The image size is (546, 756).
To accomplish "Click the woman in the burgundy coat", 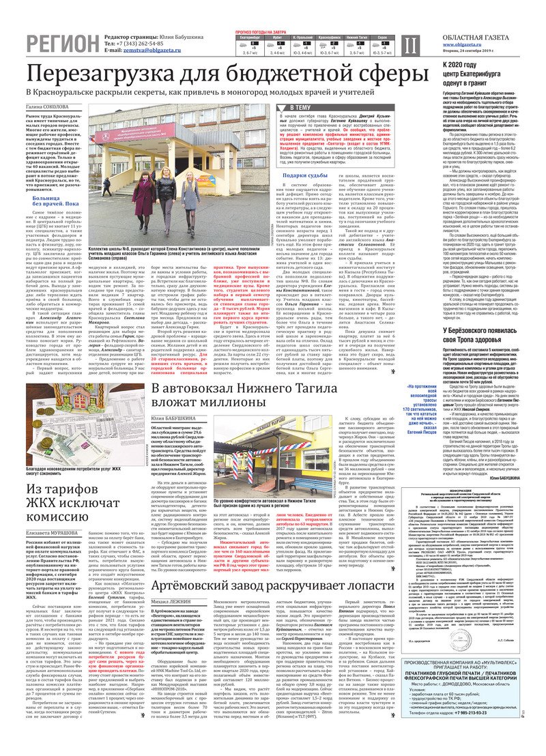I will (x=144, y=197).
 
